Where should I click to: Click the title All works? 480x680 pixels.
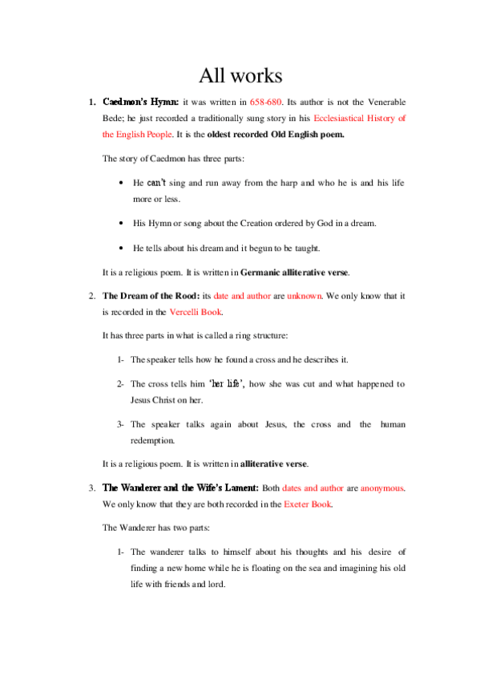click(240, 76)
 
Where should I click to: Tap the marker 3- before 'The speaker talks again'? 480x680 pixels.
click(120, 424)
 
